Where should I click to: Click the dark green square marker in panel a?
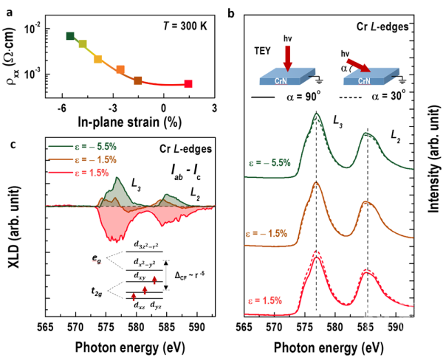70,36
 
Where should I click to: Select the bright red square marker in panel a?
188,84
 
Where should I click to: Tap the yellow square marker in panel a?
97,59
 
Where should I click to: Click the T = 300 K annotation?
185,27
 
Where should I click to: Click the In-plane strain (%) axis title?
130,122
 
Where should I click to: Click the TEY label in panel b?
262,51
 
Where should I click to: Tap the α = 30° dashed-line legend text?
388,96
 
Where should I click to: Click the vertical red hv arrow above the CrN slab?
288,58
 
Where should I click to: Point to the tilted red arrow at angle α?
359,66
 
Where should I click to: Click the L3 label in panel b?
337,122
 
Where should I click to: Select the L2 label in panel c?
195,194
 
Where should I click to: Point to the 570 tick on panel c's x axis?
76,328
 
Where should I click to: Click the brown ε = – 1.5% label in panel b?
266,234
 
